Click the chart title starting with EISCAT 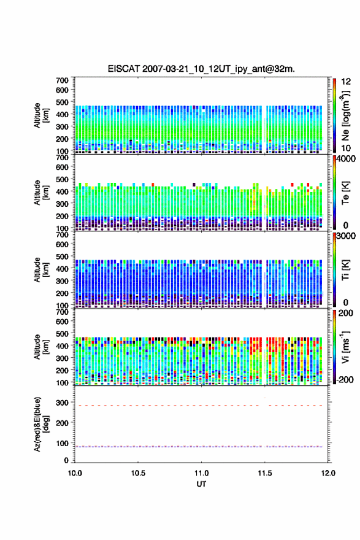pyautogui.click(x=201, y=69)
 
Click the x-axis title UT pyautogui.click(x=201, y=484)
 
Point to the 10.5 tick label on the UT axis pyautogui.click(x=138, y=473)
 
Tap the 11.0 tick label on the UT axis pyautogui.click(x=201, y=473)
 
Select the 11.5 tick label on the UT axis pyautogui.click(x=265, y=473)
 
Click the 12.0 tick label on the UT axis pyautogui.click(x=328, y=473)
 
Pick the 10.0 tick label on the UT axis pyautogui.click(x=75, y=473)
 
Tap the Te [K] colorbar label pyautogui.click(x=345, y=193)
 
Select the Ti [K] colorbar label pyautogui.click(x=345, y=269)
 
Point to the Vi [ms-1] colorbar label pyautogui.click(x=345, y=347)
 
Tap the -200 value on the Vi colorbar pyautogui.click(x=345, y=379)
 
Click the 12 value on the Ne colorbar pyautogui.click(x=346, y=82)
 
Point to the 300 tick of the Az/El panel pyautogui.click(x=63, y=403)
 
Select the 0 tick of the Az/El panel pyautogui.click(x=66, y=460)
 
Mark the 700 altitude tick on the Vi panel pyautogui.click(x=63, y=312)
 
